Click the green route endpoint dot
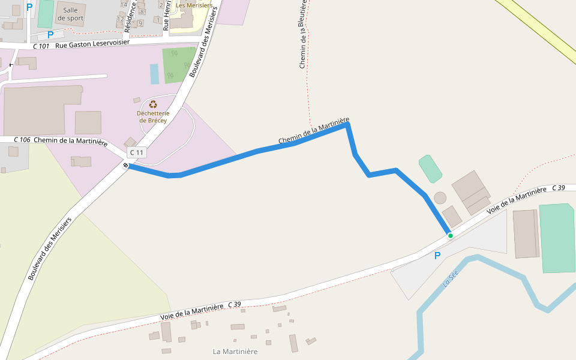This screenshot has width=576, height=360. [450, 236]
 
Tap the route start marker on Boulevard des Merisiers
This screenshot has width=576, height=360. [126, 165]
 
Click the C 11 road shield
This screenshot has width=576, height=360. [136, 152]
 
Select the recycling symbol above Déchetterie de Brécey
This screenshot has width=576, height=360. [153, 104]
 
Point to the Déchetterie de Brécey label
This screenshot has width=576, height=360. [153, 116]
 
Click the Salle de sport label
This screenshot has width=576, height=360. [70, 14]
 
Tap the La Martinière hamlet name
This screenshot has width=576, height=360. [235, 351]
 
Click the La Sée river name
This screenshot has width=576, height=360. [450, 278]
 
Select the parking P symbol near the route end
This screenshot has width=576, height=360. [437, 256]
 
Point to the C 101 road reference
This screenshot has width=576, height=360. [41, 46]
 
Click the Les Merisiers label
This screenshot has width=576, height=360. [194, 5]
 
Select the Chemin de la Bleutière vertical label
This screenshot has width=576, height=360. [303, 35]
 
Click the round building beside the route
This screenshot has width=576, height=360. [440, 197]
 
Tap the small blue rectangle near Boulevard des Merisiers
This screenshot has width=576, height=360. [154, 74]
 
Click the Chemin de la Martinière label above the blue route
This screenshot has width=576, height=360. [313, 131]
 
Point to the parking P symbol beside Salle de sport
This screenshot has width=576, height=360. [50, 35]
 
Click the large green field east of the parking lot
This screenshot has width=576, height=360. [557, 238]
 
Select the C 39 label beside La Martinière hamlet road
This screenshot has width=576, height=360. [234, 305]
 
